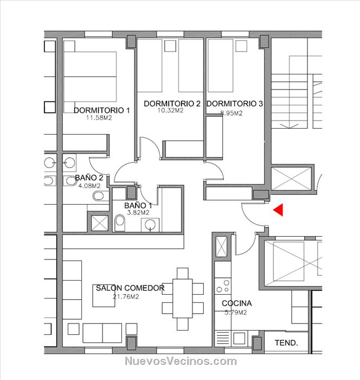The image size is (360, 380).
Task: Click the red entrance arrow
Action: point(279,210)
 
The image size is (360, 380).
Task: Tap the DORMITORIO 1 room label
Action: point(102,110)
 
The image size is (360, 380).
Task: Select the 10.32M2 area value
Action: point(170,111)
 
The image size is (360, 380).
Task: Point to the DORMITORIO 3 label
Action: point(235,104)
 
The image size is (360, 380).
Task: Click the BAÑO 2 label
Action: point(89,178)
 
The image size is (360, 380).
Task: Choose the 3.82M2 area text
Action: point(138,213)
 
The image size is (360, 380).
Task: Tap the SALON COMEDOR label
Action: point(130,288)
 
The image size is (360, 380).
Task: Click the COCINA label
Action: point(237,303)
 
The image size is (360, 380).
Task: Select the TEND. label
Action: point(286,343)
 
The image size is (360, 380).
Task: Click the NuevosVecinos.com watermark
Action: point(181,361)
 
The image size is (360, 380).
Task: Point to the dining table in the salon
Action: point(183,299)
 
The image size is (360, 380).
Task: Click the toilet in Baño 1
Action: point(120,223)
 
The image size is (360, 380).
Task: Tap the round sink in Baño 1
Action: point(150,225)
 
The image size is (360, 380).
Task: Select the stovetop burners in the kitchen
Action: point(223,286)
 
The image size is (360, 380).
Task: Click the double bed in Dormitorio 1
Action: point(90,77)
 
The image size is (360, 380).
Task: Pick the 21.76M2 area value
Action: point(126,296)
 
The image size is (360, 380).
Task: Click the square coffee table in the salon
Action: point(104,296)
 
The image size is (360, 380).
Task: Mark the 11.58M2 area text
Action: point(99,118)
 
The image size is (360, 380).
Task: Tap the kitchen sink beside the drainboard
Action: point(239,338)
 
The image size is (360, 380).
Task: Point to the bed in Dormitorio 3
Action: point(220,66)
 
